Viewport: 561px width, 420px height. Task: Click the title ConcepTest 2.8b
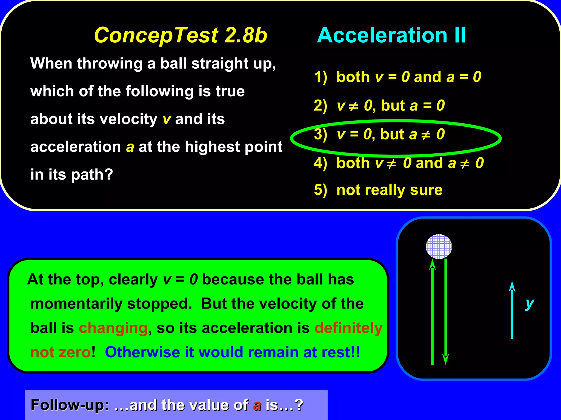coord(181,35)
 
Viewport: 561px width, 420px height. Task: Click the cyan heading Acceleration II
coord(391,35)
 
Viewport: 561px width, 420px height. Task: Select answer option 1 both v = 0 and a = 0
coord(397,77)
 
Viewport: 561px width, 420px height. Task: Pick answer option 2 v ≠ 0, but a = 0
coord(379,106)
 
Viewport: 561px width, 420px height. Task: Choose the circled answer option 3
coord(379,135)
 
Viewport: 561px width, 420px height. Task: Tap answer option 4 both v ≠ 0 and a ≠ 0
coord(399,163)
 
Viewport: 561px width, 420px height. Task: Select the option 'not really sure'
coord(378,190)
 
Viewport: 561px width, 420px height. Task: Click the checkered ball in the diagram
coord(439,246)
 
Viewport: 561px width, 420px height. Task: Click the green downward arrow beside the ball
coord(446,312)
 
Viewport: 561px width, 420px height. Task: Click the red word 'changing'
coord(113,328)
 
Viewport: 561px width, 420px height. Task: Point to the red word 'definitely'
coord(348,328)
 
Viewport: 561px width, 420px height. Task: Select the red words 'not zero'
coord(61,352)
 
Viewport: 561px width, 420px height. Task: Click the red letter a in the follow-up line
coord(257,406)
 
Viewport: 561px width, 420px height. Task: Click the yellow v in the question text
coord(167,119)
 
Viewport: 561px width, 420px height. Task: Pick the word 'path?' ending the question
coord(92,175)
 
